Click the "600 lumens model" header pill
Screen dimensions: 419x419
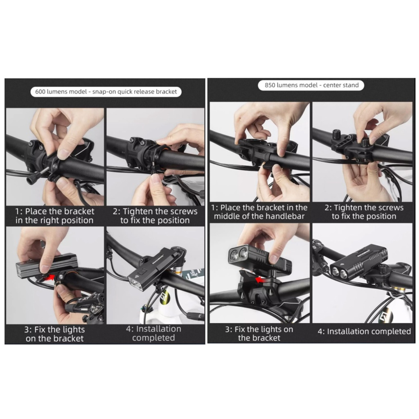(106, 92)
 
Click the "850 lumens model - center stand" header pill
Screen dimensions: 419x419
(311, 85)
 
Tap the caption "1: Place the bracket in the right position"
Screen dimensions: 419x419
(54, 216)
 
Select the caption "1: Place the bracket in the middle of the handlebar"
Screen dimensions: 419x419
(259, 212)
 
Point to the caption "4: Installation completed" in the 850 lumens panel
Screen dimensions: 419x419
(364, 331)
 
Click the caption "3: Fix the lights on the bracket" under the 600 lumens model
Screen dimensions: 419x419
(54, 334)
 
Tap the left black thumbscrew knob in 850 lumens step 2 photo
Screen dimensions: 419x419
(336, 133)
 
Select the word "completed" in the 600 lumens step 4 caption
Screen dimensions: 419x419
(153, 338)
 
